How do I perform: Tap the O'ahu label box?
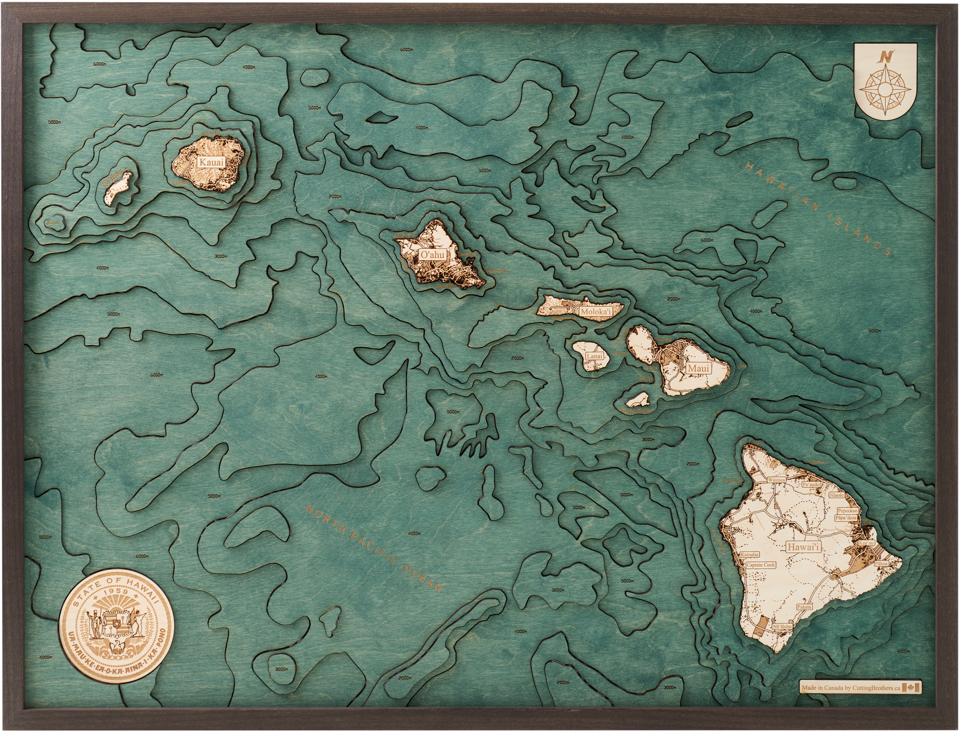pyautogui.click(x=432, y=254)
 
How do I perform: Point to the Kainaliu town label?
pyautogui.click(x=749, y=555)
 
